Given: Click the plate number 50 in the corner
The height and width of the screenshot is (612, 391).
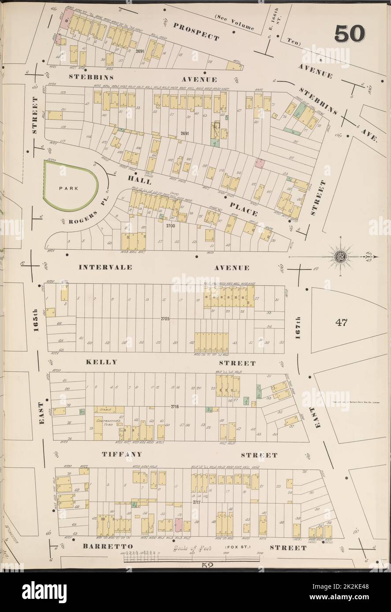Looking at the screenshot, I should coord(350,33).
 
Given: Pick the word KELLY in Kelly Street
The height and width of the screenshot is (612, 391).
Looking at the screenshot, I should coord(102,362).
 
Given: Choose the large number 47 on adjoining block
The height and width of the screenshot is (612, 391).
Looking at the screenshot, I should coord(341,322).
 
